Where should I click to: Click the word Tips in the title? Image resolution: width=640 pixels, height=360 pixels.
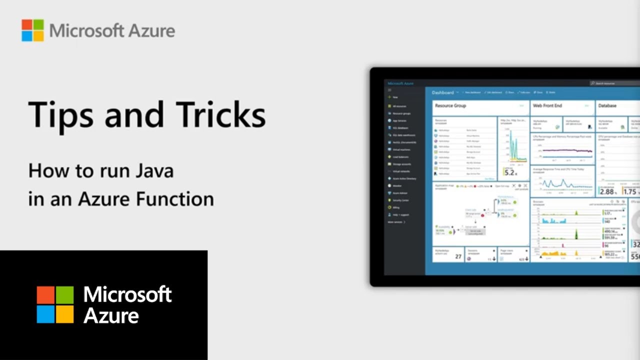[x=60, y=114]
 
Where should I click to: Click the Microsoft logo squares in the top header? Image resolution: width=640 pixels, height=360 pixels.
[x=32, y=30]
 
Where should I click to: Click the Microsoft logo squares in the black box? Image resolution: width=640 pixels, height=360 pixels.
[x=55, y=304]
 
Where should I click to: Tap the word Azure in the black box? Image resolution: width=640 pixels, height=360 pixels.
[x=111, y=316]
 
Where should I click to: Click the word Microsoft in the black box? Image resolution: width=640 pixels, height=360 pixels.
[x=127, y=294]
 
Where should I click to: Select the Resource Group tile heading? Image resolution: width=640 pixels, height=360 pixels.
[x=450, y=106]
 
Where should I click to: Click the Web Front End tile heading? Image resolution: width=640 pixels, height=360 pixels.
[x=547, y=106]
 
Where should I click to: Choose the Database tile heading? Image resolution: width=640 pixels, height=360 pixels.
[x=607, y=106]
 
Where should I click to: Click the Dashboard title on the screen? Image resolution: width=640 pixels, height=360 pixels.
[x=442, y=92]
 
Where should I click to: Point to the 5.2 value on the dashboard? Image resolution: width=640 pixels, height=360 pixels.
[x=509, y=173]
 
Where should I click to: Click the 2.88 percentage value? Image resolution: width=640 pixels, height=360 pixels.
[x=606, y=191]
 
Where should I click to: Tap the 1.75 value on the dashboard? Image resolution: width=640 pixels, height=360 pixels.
[x=629, y=191]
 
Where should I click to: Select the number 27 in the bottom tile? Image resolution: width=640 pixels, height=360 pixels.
[x=458, y=256]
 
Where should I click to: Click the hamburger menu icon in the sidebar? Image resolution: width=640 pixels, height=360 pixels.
[x=389, y=90]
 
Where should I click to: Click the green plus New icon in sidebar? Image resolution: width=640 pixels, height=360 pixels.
[x=389, y=97]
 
